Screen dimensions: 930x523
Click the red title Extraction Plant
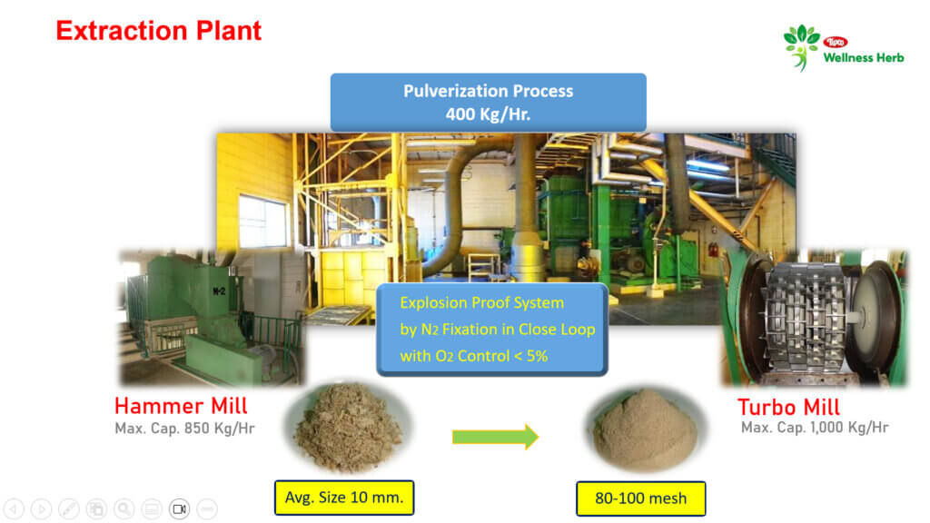coord(158,31)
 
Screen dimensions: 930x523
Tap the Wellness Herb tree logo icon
coord(801,47)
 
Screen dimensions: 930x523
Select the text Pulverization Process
coord(488,91)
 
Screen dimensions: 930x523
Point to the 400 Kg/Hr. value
coord(488,113)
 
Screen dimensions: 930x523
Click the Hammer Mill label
coord(181,406)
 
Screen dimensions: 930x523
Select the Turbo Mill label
coord(788,407)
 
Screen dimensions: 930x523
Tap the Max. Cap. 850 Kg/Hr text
coord(184,429)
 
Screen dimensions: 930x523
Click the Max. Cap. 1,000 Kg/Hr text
coord(815,427)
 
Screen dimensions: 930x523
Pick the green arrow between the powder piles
coord(495,437)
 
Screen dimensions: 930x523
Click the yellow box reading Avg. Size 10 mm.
coord(344,498)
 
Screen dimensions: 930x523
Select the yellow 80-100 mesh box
coord(640,498)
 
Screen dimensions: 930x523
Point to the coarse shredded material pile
coord(348,427)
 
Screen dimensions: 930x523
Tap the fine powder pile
coord(645,429)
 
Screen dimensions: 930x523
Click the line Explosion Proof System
coord(481,303)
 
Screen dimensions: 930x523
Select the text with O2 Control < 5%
coord(473,356)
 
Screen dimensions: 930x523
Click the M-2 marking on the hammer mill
coord(219,291)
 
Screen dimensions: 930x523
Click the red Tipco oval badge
coord(836,42)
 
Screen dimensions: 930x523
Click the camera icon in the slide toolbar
coord(179,508)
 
